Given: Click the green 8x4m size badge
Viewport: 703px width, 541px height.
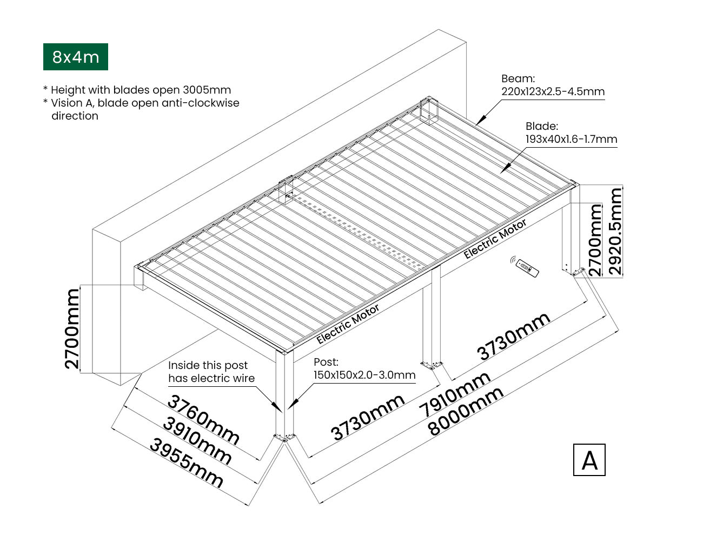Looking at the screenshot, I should [x=76, y=57].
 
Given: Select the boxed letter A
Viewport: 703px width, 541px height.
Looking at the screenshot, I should [x=589, y=460].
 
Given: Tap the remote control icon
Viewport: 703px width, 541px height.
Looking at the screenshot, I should [x=525, y=266].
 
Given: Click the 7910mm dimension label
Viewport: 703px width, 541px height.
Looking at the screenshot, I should [x=457, y=395].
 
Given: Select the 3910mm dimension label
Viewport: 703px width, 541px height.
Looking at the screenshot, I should [x=197, y=441].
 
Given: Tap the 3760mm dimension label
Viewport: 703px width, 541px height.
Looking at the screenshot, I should [x=203, y=419].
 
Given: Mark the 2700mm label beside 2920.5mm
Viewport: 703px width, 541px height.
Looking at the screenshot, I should [x=594, y=240].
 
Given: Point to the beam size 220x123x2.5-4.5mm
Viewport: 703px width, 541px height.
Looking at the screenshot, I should [x=553, y=91].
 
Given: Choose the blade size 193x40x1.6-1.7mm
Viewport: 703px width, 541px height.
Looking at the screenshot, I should [x=571, y=139].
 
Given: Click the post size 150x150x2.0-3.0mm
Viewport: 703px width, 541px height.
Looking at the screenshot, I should [x=364, y=375].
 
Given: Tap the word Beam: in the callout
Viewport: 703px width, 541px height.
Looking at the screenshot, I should [x=518, y=79].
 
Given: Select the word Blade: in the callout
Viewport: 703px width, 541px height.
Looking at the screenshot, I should [x=541, y=126].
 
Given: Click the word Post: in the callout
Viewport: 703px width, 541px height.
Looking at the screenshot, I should [x=326, y=362].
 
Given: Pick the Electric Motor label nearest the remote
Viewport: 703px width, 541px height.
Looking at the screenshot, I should [x=495, y=239].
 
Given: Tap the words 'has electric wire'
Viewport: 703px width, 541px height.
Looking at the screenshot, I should [x=211, y=378].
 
